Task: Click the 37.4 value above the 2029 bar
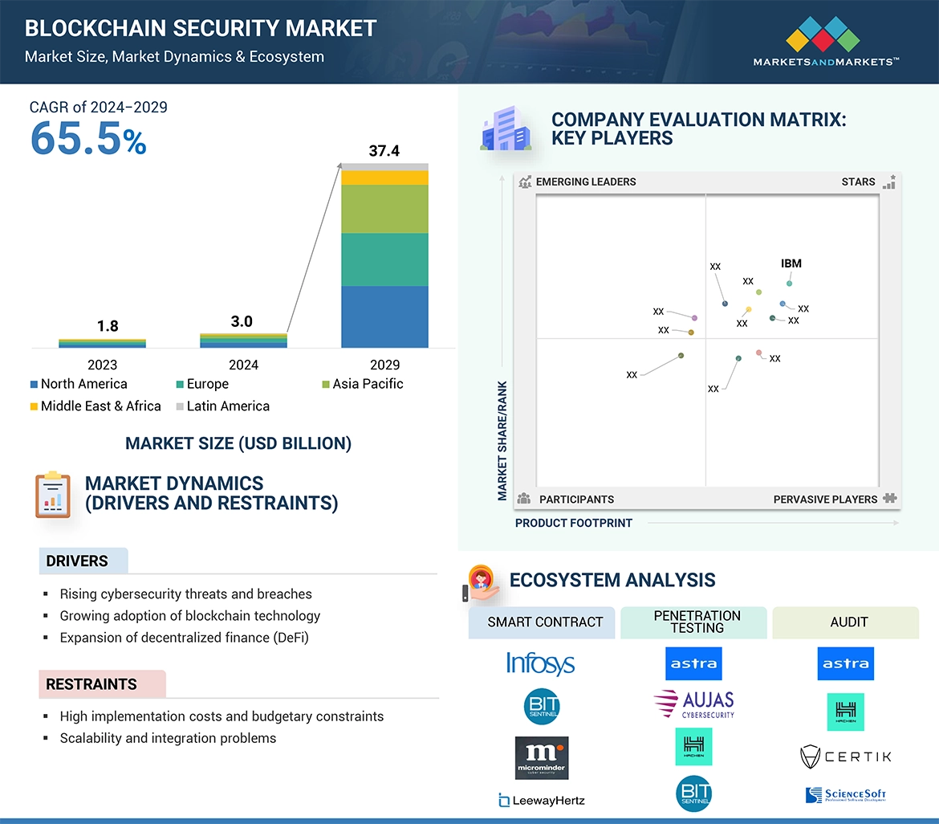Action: point(384,151)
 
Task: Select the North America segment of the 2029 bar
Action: point(384,316)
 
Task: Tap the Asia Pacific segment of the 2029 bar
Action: point(384,209)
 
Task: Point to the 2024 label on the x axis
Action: point(243,365)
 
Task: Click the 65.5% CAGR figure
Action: point(88,138)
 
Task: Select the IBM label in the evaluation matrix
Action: point(791,263)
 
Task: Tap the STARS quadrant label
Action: point(858,182)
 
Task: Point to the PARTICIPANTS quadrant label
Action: point(575,500)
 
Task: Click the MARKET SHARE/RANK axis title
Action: point(502,440)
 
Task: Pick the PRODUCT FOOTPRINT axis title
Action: point(573,523)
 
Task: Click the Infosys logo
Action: point(540,663)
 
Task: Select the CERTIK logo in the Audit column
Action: point(846,756)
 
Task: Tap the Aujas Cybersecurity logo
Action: point(694,704)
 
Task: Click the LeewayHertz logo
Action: point(541,800)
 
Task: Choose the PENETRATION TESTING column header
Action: point(697,622)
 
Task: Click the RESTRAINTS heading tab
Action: point(91,684)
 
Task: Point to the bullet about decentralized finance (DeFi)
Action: point(184,638)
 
